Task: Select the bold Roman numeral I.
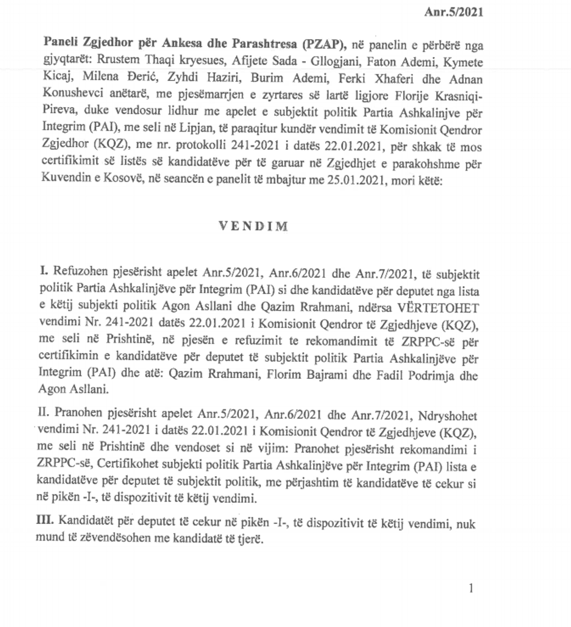[43, 272]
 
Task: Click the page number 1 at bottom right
[471, 589]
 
